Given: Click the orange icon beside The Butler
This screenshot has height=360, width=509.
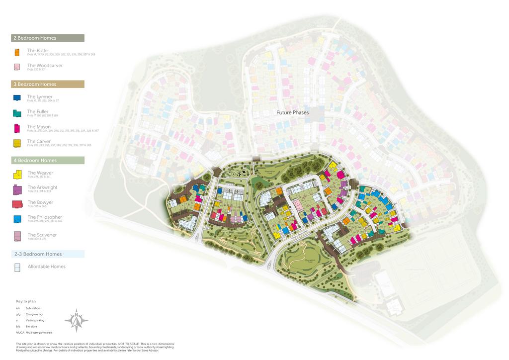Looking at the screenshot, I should click(16, 52).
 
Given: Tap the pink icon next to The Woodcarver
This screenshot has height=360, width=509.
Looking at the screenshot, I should click(16, 67).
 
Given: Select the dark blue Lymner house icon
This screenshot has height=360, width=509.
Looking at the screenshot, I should click(16, 98).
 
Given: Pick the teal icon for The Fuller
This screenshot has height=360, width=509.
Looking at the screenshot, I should click(16, 113).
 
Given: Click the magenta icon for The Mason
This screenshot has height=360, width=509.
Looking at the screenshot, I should click(16, 128).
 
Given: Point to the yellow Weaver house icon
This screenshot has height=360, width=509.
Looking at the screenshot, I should click(17, 174).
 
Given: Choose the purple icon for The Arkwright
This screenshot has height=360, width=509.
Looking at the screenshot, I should click(17, 189).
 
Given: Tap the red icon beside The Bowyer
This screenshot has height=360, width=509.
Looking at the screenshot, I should click(17, 204).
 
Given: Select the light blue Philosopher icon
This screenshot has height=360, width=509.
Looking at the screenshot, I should click(17, 219).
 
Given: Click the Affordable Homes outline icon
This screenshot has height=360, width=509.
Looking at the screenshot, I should click(17, 268).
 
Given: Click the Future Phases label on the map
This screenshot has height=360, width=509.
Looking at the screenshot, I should click(292, 113).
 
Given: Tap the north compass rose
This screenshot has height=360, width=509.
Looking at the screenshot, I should click(77, 320).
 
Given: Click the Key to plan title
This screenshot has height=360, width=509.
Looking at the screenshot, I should click(26, 301).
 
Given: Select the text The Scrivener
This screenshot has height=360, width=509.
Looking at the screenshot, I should click(42, 235).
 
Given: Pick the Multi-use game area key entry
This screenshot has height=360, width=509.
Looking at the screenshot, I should click(39, 332).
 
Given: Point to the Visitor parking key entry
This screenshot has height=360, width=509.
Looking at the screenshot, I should click(35, 320).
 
